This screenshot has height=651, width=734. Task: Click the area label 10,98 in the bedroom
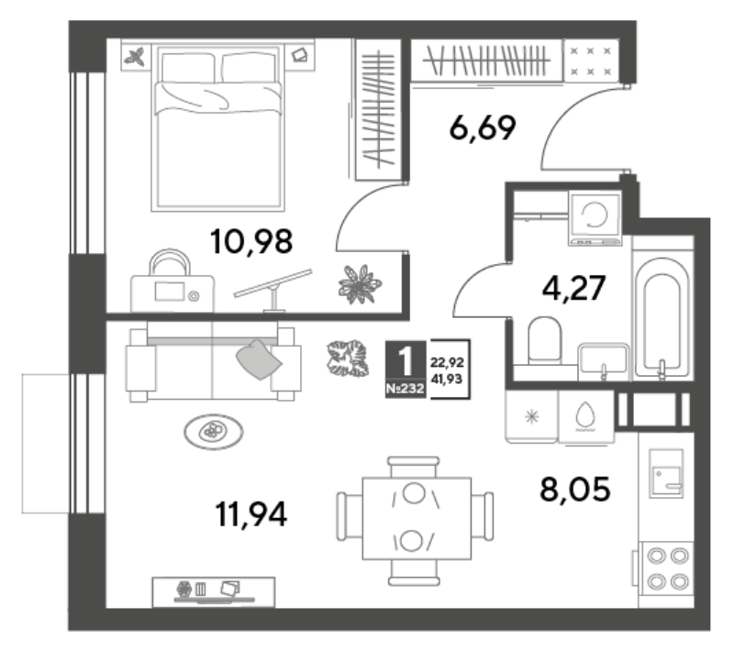click(x=251, y=242)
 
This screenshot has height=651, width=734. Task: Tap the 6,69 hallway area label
click(x=483, y=127)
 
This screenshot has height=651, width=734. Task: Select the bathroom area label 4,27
click(x=573, y=288)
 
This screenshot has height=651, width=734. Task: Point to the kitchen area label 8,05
click(x=575, y=490)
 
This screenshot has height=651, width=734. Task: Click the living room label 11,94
click(x=250, y=514)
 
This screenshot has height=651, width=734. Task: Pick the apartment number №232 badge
click(x=405, y=389)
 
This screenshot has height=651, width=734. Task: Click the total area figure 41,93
click(x=447, y=380)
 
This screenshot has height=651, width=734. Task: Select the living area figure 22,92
click(x=447, y=362)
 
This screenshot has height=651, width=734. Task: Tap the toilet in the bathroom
click(x=544, y=340)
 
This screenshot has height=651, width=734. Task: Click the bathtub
click(x=662, y=318)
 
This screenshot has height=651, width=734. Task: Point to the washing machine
click(x=595, y=217)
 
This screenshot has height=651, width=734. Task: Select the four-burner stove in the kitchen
click(x=667, y=568)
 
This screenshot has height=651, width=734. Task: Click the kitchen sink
click(x=666, y=473)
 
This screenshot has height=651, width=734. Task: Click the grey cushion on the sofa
click(x=259, y=359)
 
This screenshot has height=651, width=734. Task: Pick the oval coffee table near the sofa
click(x=214, y=432)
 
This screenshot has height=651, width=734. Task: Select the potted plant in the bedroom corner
click(x=360, y=284)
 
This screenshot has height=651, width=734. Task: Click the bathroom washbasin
click(x=604, y=361)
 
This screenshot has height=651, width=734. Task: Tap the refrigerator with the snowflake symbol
click(x=532, y=416)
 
